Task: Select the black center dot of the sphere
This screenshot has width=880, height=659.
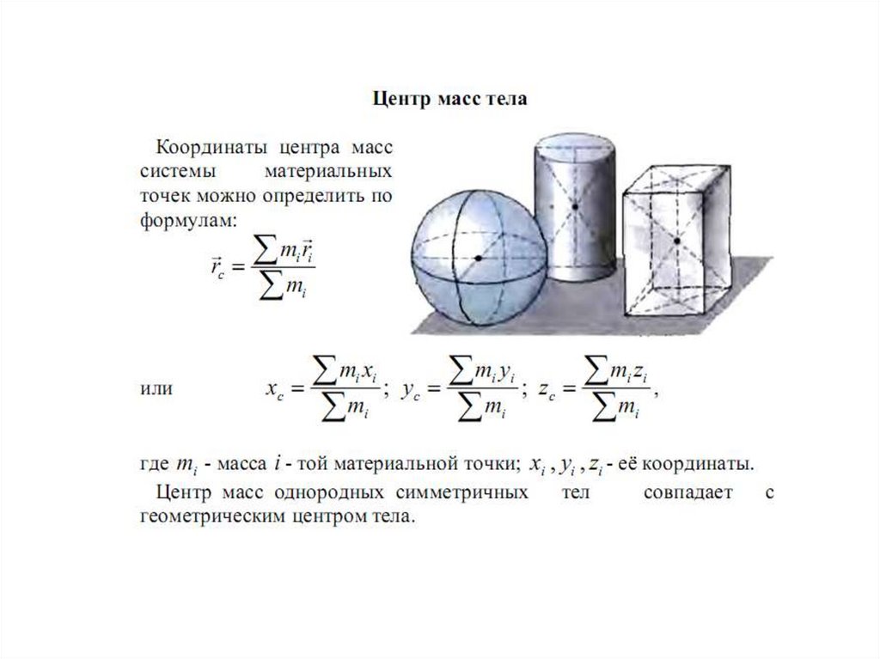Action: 478,258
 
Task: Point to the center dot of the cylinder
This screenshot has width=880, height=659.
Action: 573,207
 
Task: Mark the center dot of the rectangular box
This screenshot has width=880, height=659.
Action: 677,241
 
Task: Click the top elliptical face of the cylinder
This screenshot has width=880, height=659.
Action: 573,147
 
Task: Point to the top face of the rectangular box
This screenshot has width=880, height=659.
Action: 679,176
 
